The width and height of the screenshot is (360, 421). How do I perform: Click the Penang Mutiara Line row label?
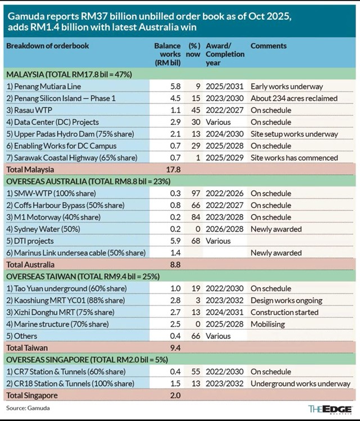[43, 87]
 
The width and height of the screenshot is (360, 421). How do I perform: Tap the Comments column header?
[268, 46]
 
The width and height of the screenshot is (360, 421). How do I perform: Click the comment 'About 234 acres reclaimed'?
[294, 98]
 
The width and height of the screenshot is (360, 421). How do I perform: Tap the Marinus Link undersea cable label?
[75, 253]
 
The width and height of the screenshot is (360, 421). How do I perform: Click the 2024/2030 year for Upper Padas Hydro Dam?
[225, 134]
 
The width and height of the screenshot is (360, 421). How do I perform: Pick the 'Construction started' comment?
[284, 313]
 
